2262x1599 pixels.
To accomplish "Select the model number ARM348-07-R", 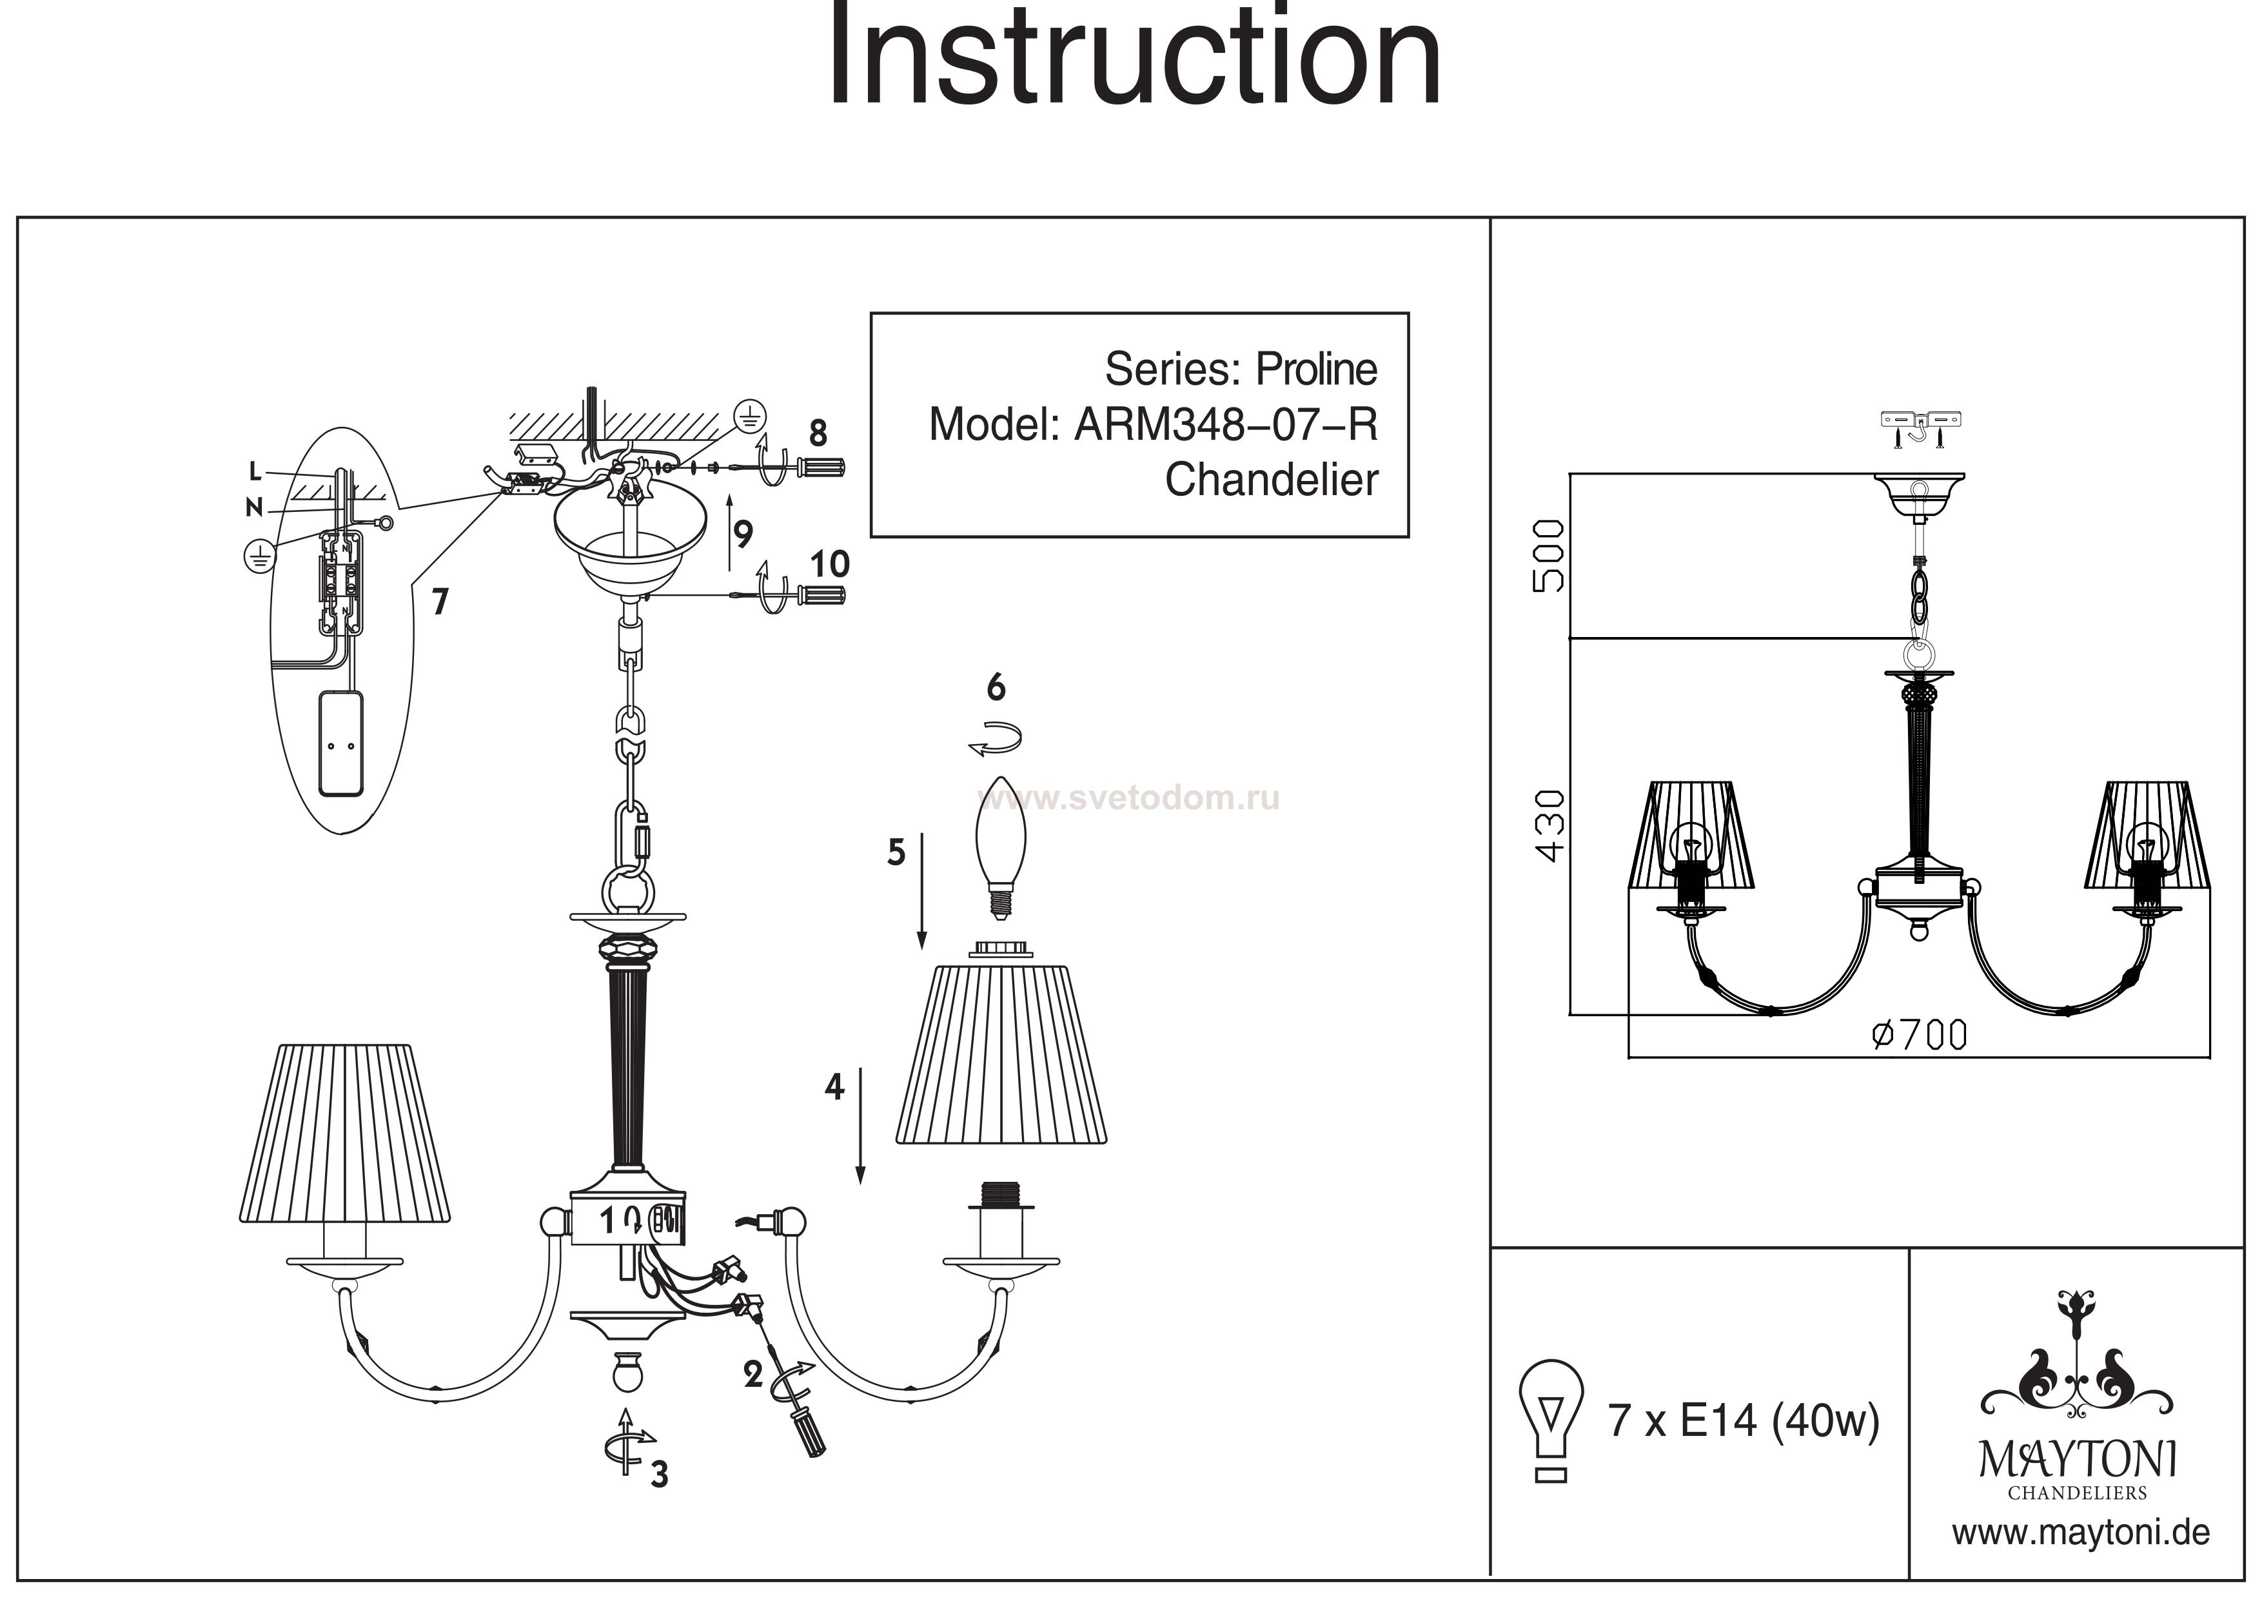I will (1226, 425).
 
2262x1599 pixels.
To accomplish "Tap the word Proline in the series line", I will (1316, 369).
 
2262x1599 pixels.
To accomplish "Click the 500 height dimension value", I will (1549, 556).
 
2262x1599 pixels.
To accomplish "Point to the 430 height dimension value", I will (1549, 825).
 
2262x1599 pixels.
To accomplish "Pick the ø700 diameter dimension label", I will (1919, 1034).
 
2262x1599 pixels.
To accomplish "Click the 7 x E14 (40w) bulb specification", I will (1744, 1420).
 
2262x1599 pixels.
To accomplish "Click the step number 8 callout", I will (818, 433).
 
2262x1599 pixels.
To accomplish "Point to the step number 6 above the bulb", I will (996, 688).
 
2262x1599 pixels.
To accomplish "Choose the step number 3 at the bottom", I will (659, 1474).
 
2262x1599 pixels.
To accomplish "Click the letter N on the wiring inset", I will (254, 508).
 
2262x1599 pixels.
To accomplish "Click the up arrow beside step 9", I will (730, 532).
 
